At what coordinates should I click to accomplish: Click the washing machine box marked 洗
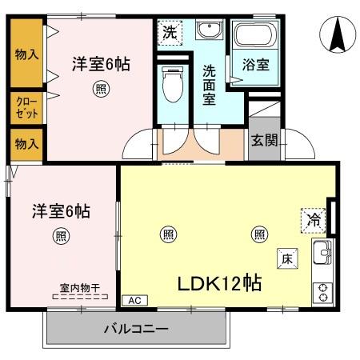click(x=170, y=33)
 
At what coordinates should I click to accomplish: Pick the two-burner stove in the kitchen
click(x=323, y=293)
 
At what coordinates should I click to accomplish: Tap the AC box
click(x=134, y=301)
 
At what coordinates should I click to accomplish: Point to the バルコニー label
click(x=136, y=328)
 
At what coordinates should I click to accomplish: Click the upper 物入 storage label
click(x=26, y=54)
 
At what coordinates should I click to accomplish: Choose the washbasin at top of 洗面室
click(x=210, y=31)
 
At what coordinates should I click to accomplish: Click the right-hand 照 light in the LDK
click(x=260, y=234)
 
